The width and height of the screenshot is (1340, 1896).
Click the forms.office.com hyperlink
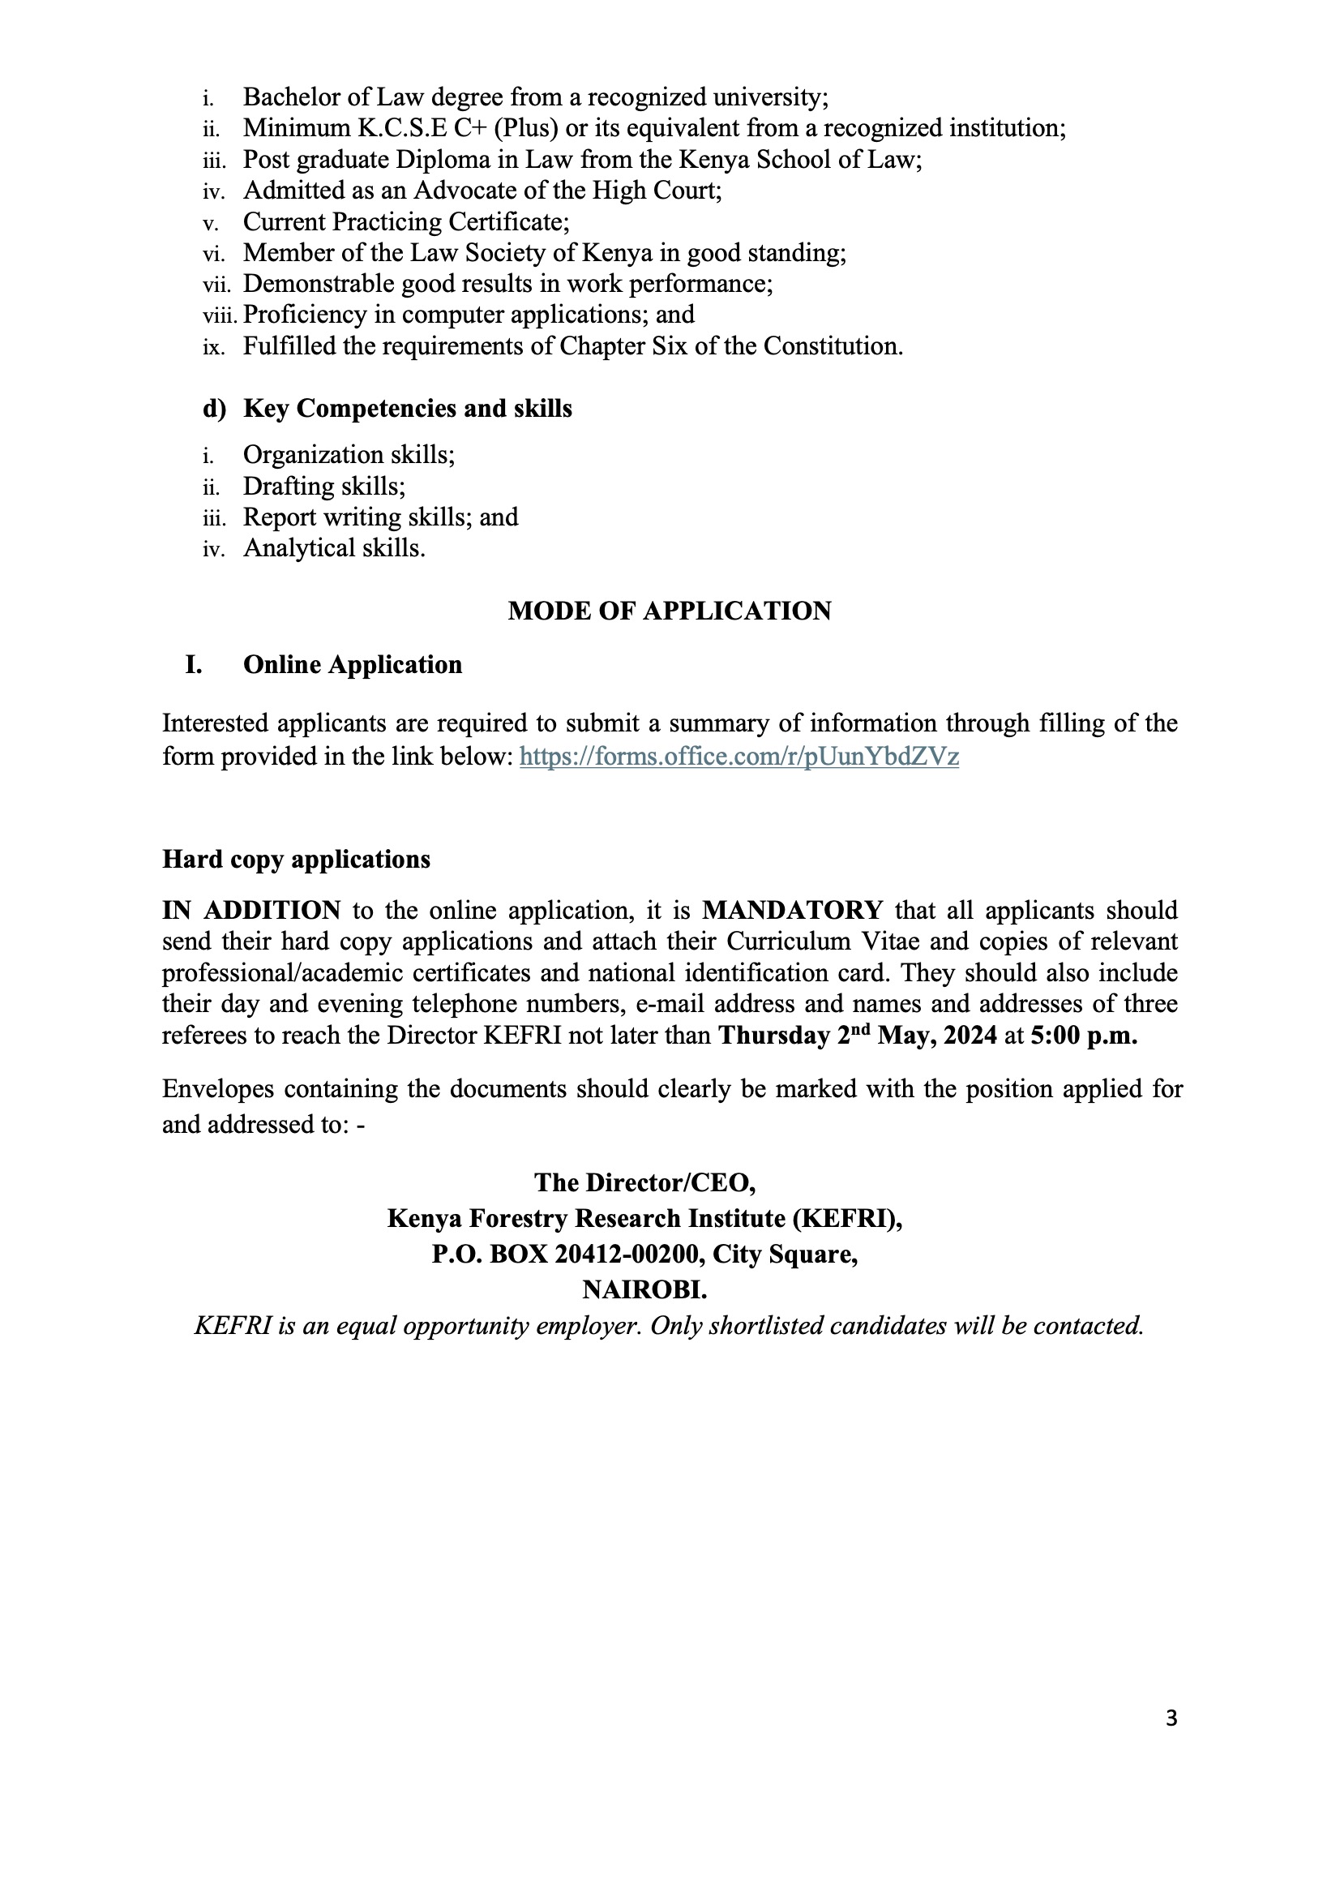(738, 757)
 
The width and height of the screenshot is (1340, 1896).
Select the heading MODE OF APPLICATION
(670, 611)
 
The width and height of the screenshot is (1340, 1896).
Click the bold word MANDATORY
(793, 910)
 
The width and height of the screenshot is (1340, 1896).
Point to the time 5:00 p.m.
(1083, 1036)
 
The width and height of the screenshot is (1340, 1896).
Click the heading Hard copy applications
(296, 860)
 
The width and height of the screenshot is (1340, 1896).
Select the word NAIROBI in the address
(644, 1290)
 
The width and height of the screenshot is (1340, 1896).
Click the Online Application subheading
(353, 665)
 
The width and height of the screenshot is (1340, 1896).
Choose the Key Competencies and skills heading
(407, 409)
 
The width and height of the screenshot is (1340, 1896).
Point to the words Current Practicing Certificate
(406, 222)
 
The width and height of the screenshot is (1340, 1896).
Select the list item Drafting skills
(323, 487)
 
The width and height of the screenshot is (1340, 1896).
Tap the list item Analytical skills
(333, 548)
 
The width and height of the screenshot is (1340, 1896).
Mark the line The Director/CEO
(644, 1183)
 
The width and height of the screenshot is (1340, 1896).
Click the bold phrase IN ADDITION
(251, 910)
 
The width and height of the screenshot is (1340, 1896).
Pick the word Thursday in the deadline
(773, 1036)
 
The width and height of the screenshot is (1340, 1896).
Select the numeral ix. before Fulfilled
(212, 348)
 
